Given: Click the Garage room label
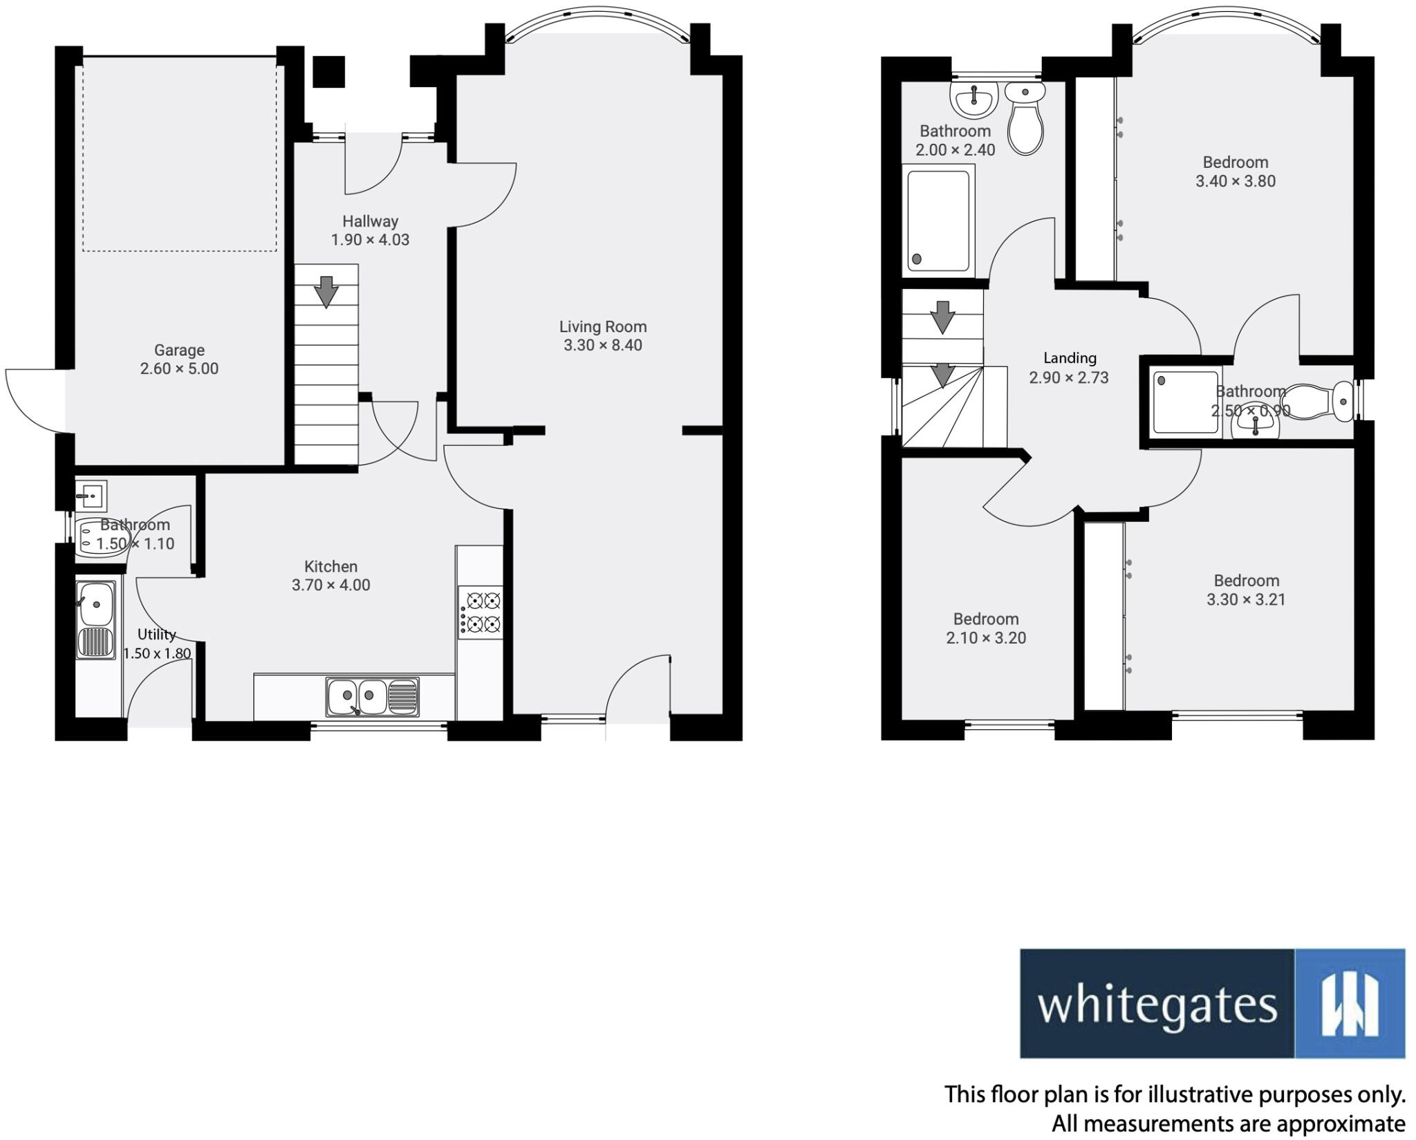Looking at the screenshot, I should [179, 350].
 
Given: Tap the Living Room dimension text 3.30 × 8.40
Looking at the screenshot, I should [602, 345].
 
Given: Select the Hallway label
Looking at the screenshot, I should [370, 221].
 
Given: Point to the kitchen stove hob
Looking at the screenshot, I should [480, 612].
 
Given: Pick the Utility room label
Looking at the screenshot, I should [157, 635].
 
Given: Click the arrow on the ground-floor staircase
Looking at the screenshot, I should [326, 290].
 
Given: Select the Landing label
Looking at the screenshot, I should [1070, 358].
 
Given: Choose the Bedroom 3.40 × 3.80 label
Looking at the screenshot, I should [1236, 162].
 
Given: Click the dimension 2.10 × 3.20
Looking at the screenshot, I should [986, 637].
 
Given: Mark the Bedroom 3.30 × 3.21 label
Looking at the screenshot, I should [1246, 581].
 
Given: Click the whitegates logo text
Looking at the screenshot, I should [1157, 1005].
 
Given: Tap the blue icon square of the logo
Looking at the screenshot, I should [1349, 1004].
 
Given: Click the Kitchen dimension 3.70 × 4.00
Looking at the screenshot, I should [330, 585].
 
